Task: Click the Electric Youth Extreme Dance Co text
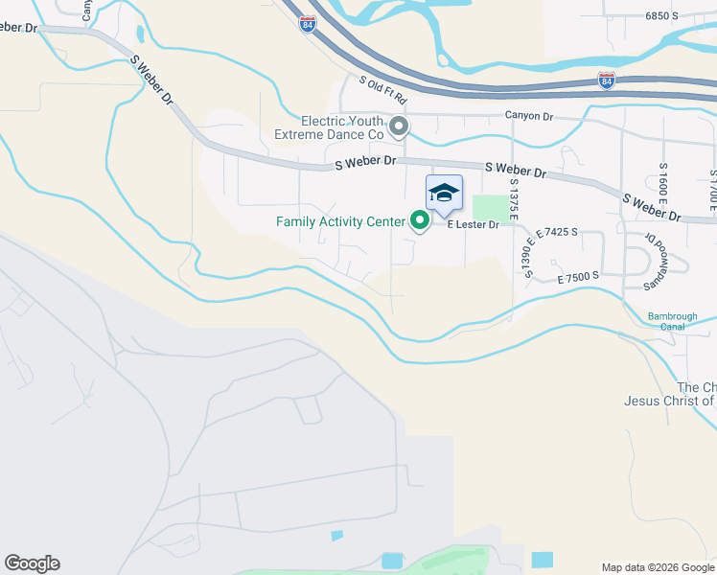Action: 342,128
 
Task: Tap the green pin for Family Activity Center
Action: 420,221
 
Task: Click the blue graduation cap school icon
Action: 443,193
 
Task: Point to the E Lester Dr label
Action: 474,225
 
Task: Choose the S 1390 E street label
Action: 528,258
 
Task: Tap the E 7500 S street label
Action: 578,276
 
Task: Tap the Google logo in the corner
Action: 32,563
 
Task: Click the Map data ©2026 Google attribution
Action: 659,567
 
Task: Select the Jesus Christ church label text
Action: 670,401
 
